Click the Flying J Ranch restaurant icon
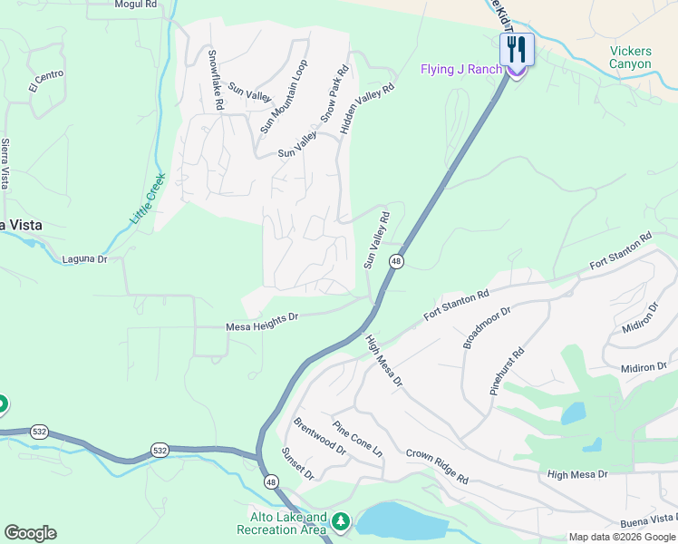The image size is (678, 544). pyautogui.click(x=517, y=49)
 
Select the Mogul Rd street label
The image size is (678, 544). pyautogui.click(x=136, y=5)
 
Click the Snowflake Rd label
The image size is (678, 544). pyautogui.click(x=216, y=80)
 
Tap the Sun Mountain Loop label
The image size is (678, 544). pyautogui.click(x=284, y=97)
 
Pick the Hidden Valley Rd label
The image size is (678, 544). pyautogui.click(x=368, y=110)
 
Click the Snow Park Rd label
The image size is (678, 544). pyautogui.click(x=334, y=94)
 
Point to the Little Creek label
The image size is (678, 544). pyautogui.click(x=148, y=199)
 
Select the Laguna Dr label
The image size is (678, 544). pyautogui.click(x=84, y=259)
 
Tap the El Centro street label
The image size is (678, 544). pyautogui.click(x=46, y=82)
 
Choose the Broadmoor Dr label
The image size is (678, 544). pyautogui.click(x=487, y=327)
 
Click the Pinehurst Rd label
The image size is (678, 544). pyautogui.click(x=507, y=370)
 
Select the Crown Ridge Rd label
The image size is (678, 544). pyautogui.click(x=437, y=466)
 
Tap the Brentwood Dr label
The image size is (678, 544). pyautogui.click(x=320, y=436)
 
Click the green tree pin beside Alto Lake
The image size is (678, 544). pyautogui.click(x=341, y=521)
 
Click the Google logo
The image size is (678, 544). pyautogui.click(x=30, y=533)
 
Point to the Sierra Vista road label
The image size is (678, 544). pyautogui.click(x=5, y=163)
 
